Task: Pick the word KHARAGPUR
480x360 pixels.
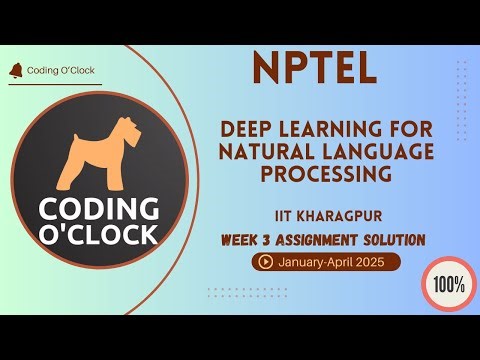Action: pyautogui.click(x=343, y=215)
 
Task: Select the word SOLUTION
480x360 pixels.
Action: pyautogui.click(x=390, y=240)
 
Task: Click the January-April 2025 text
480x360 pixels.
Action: pyautogui.click(x=332, y=262)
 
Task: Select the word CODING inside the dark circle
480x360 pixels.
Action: pyautogui.click(x=98, y=209)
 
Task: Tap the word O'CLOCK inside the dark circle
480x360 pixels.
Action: pyautogui.click(x=98, y=235)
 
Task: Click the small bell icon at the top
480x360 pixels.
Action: pyautogui.click(x=15, y=70)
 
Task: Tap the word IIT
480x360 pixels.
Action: pyautogui.click(x=286, y=215)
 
